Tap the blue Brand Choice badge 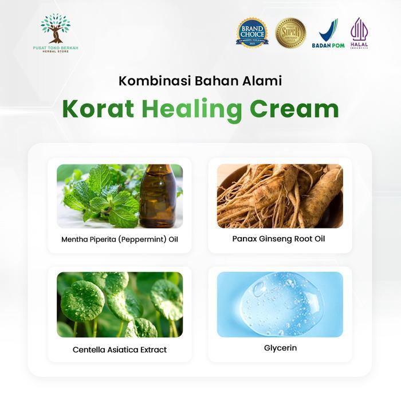[x=252, y=33]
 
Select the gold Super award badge [x=290, y=33]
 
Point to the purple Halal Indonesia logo [x=359, y=33]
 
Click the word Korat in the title [x=98, y=109]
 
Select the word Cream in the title [x=294, y=109]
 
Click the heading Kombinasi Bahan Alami [x=200, y=81]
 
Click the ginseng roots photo [x=280, y=196]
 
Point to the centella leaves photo [x=119, y=304]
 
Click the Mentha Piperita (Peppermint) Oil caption [x=120, y=239]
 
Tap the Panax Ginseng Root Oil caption [x=280, y=238]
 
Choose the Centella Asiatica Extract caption [x=120, y=349]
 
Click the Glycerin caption [x=280, y=348]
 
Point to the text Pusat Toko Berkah [x=56, y=48]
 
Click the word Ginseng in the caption [x=278, y=238]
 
